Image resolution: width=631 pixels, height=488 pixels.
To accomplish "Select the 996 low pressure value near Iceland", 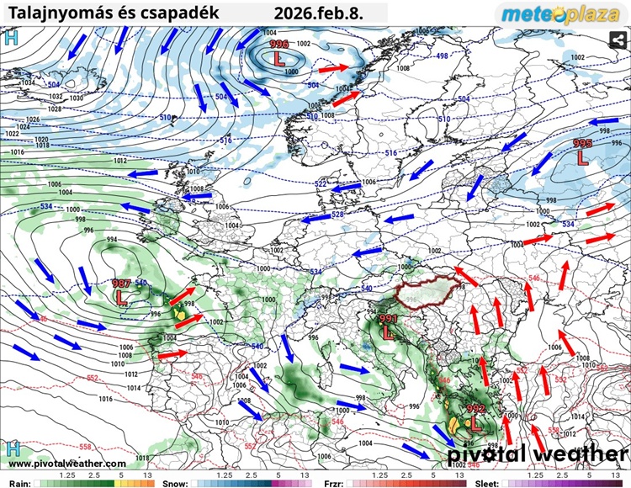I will click(x=278, y=45).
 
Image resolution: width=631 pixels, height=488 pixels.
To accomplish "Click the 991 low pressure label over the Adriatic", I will click(x=388, y=320).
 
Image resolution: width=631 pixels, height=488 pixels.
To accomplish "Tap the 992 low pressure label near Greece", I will click(x=475, y=410).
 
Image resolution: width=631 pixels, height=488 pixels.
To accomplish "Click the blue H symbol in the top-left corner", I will click(x=11, y=37).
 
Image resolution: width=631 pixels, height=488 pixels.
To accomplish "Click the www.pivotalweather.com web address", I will click(x=67, y=464).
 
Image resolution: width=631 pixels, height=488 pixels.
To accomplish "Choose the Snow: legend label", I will click(x=175, y=484).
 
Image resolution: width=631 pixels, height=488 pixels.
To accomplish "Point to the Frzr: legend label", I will click(x=334, y=484).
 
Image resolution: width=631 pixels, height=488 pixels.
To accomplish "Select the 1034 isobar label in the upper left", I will click(x=29, y=83).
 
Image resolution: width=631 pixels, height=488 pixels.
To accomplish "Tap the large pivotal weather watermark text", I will click(x=537, y=454).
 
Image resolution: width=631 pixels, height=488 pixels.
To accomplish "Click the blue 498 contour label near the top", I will click(x=442, y=56).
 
